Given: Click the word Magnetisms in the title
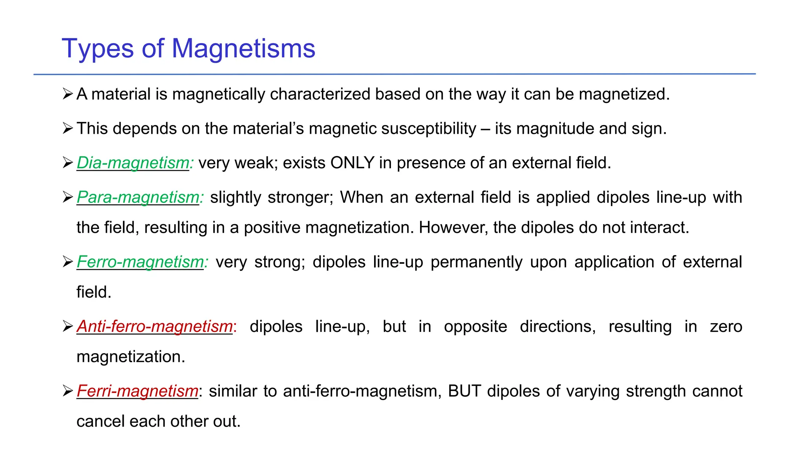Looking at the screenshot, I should [243, 49].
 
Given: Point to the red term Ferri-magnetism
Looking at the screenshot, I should [137, 391].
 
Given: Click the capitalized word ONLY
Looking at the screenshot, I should [352, 163].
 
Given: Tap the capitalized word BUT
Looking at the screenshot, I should [464, 391].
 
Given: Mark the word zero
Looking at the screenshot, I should [726, 326].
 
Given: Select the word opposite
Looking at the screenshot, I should [475, 326].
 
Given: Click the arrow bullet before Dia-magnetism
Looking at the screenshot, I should [68, 163].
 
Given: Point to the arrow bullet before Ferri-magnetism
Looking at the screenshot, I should [68, 391].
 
